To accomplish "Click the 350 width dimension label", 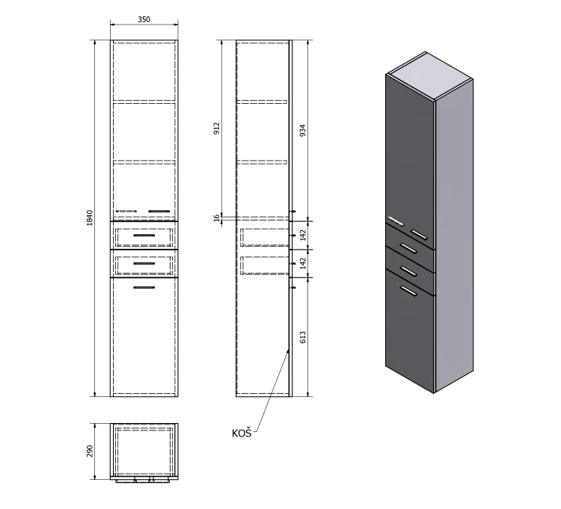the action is [144, 19].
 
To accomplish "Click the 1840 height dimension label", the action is [90, 218].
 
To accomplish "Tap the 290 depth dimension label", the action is [90, 451].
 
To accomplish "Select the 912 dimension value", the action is [216, 129].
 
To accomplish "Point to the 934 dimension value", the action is [303, 131].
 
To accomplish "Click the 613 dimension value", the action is [303, 337].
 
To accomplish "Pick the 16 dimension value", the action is [216, 218].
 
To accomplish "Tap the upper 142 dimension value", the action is [303, 235].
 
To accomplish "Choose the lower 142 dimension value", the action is [303, 263].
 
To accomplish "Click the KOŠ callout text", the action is [242, 434].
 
